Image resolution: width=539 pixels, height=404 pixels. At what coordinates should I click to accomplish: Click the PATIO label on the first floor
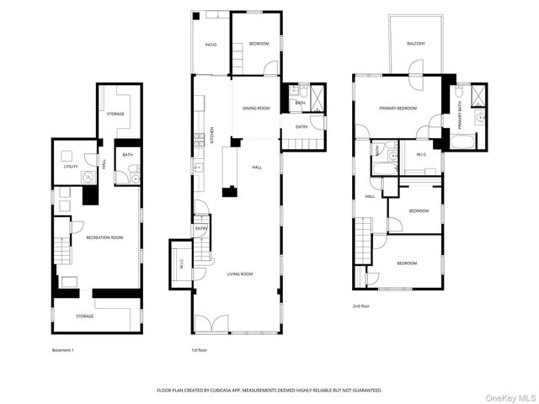click(211, 45)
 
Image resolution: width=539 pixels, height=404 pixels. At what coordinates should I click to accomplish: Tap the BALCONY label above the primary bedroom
click(416, 44)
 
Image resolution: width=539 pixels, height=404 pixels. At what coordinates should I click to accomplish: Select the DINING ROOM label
click(256, 108)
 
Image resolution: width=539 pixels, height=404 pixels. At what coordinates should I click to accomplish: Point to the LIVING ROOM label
click(239, 274)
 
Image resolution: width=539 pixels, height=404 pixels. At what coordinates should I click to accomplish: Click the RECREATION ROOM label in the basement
click(104, 237)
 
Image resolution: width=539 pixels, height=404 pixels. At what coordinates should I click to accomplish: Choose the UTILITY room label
click(71, 167)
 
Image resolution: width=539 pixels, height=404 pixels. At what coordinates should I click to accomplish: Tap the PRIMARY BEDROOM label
click(398, 108)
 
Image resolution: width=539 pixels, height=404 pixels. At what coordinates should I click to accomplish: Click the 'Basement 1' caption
click(63, 349)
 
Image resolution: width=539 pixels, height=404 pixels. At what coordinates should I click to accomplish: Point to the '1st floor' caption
click(202, 349)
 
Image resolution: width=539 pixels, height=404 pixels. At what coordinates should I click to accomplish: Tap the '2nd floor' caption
click(361, 306)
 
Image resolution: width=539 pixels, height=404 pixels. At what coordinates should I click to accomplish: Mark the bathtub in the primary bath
click(463, 141)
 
